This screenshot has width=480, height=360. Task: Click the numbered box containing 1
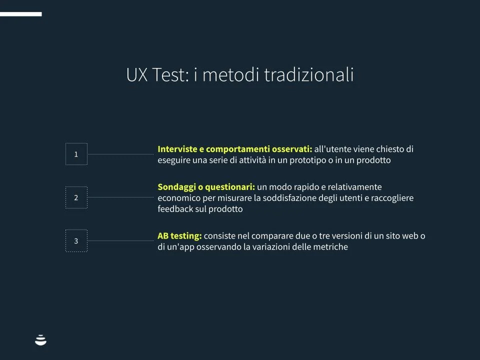click(76, 154)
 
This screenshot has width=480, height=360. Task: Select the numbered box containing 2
click(76, 197)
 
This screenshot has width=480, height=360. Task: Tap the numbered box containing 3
click(76, 240)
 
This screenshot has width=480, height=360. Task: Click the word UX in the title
click(136, 75)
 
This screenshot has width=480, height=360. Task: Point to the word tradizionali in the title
click(308, 75)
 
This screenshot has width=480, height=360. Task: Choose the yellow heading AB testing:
click(179, 235)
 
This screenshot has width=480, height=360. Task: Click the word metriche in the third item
click(329, 247)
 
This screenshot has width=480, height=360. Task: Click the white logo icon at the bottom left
click(40, 340)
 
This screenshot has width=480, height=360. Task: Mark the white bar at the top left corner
click(20, 14)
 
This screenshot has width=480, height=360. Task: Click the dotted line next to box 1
click(120, 154)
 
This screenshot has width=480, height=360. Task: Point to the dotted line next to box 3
click(120, 240)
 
